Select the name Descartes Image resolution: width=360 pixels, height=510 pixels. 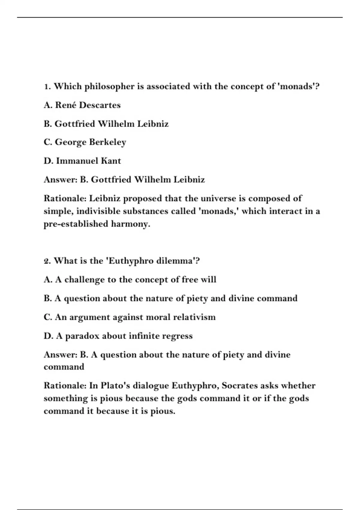click(100, 105)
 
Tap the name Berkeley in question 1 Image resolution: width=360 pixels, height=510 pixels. click(107, 142)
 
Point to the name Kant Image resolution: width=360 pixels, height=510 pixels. click(111, 161)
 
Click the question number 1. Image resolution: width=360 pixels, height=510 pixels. click(47, 87)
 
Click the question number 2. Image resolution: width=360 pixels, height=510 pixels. click(47, 261)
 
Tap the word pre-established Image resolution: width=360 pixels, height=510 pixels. click(76, 224)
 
